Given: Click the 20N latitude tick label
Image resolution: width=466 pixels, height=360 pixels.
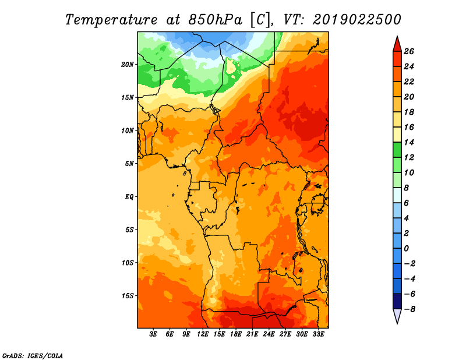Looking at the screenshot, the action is [128, 65].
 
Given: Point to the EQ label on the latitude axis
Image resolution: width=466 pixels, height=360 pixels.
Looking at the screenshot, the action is [129, 197].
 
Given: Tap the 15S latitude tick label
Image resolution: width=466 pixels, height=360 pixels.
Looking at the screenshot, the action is [128, 296].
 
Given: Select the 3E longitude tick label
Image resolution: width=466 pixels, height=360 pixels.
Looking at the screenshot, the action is [153, 334].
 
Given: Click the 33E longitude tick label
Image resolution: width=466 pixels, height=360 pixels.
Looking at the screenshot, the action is [318, 334].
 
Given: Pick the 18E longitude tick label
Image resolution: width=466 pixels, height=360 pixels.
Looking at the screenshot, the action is [236, 334].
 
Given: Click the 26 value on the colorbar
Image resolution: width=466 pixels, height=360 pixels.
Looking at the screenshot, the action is [409, 51].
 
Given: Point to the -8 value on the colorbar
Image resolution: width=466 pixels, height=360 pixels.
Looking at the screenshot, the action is [409, 309].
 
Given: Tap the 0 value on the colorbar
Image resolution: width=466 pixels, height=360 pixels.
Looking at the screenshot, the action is [406, 249].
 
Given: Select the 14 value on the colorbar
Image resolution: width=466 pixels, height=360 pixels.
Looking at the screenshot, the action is [409, 142].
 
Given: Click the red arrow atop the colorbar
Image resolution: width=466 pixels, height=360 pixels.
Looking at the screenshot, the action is [397, 44].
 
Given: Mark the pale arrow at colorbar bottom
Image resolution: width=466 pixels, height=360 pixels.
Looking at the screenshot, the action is [397, 316].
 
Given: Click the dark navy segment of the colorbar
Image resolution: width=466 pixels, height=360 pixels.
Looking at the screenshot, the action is [397, 301].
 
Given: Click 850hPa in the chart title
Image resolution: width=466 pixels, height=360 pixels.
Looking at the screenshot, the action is [215, 20].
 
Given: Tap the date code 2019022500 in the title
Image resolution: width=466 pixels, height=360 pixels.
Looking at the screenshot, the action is [357, 20].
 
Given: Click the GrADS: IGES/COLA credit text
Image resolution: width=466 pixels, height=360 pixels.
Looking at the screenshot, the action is [33, 356].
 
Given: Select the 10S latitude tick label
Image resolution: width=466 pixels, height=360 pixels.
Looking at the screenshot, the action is [128, 263].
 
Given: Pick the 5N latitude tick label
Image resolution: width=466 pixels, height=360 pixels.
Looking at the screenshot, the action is [129, 164].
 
